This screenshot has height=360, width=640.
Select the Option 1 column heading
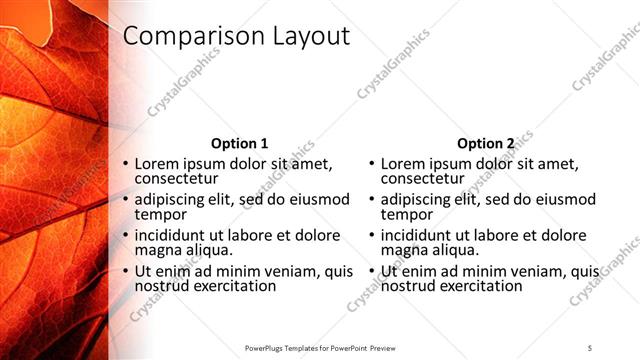240,143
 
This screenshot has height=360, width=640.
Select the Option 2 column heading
486,143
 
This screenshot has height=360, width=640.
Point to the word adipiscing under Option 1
171,199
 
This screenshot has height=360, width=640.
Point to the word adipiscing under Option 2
417,199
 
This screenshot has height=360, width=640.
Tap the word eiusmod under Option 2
564,199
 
